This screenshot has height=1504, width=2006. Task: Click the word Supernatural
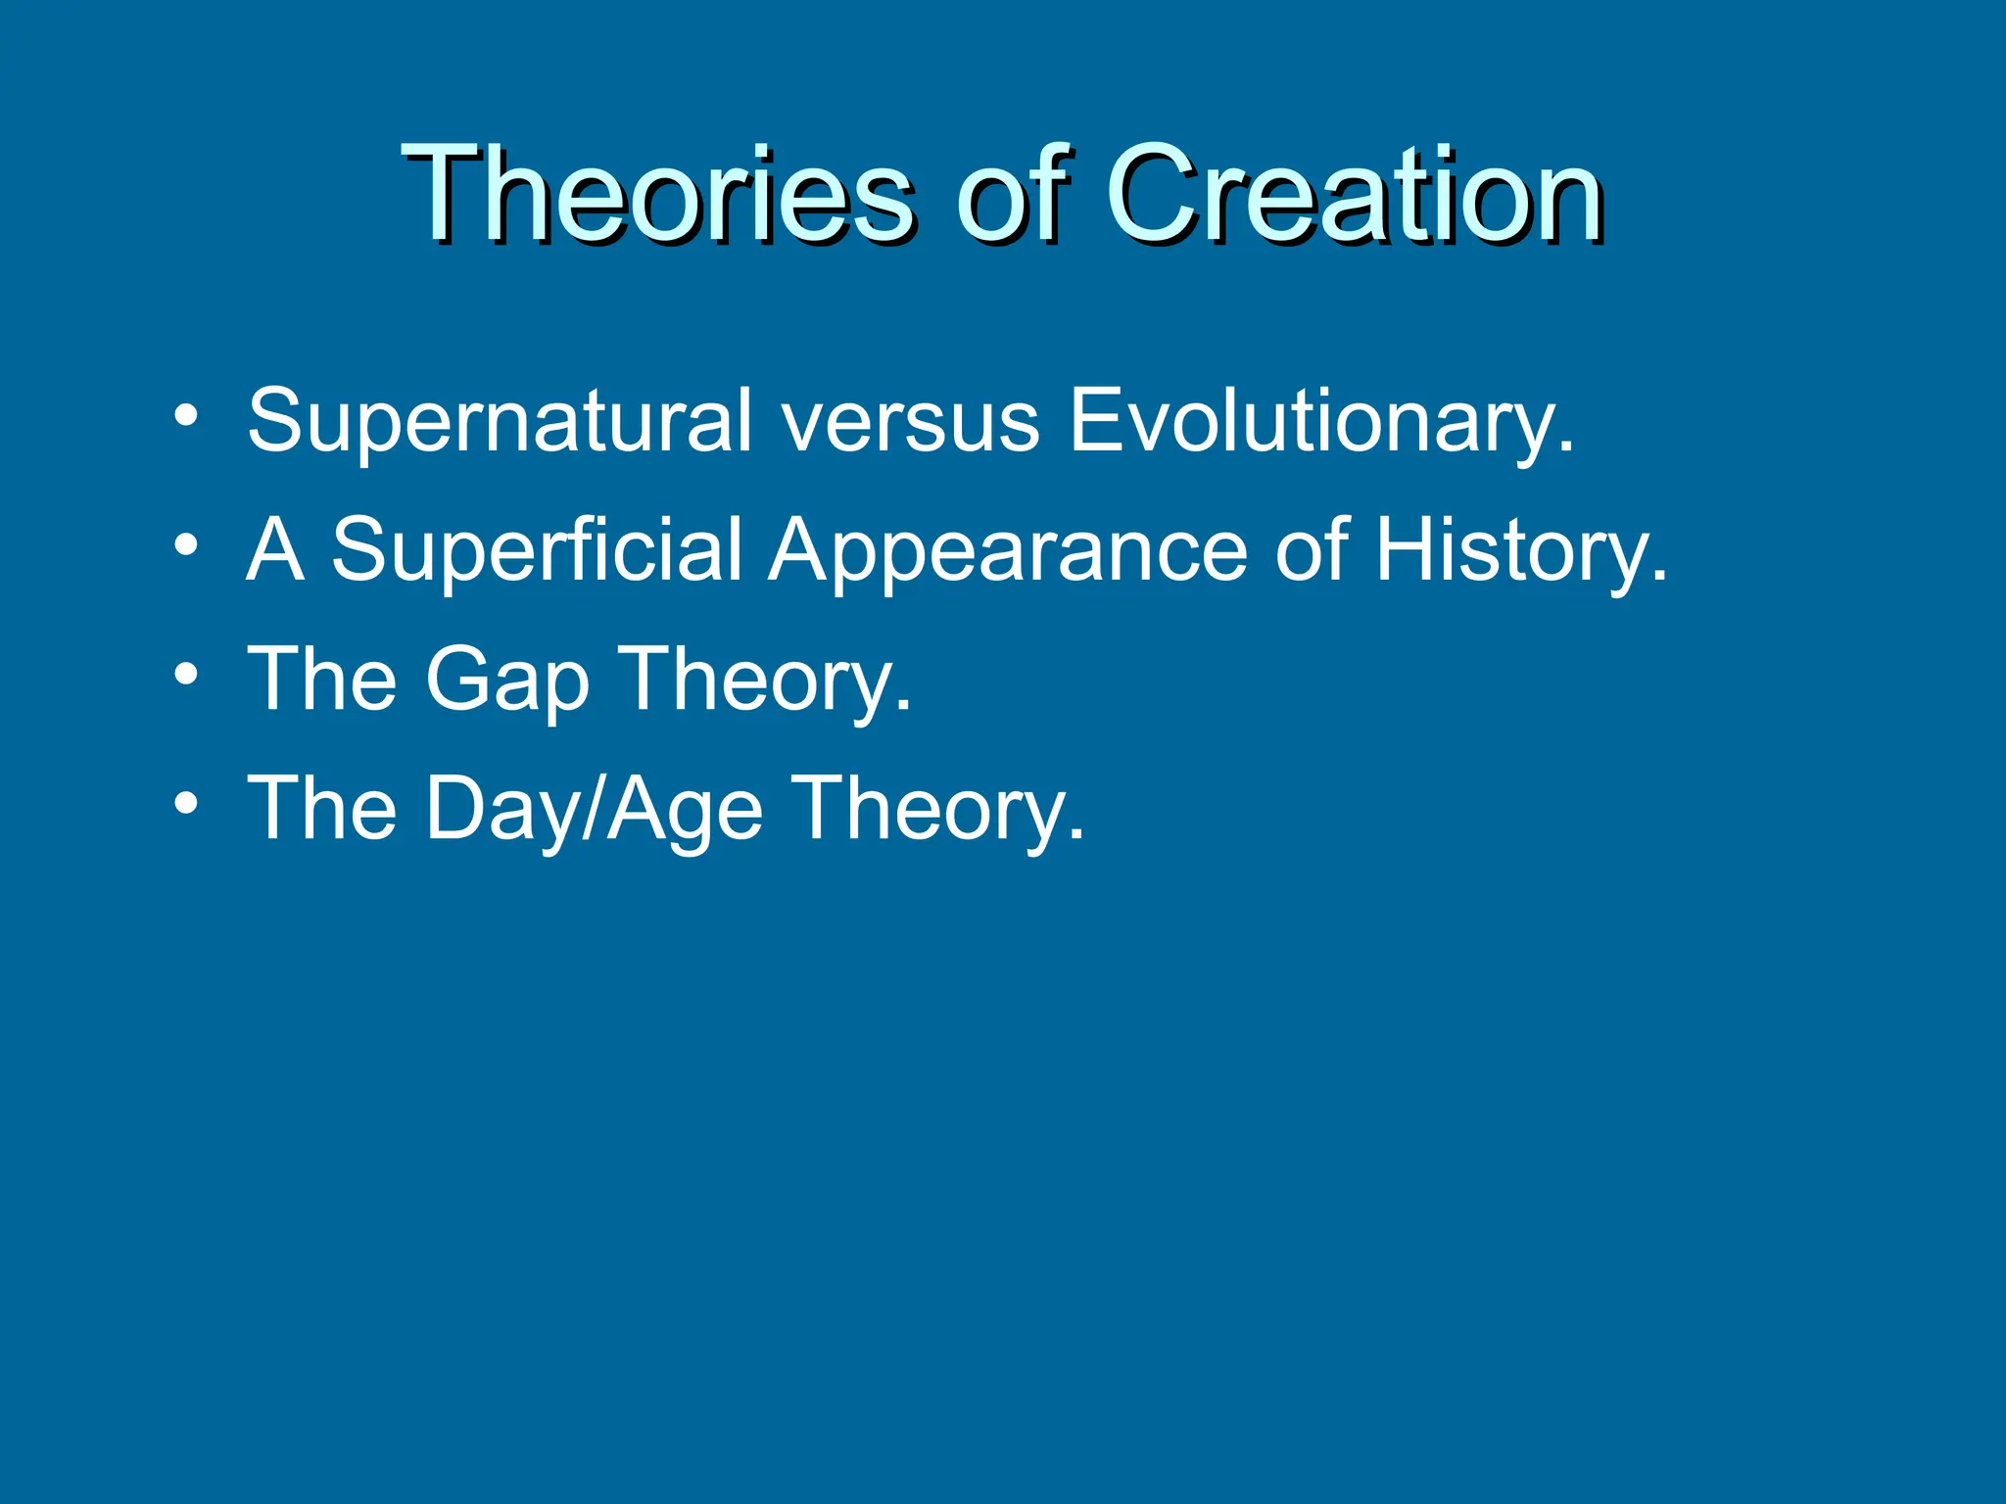500,421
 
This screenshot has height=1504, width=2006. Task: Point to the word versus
910,421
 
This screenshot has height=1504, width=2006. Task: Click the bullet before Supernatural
186,417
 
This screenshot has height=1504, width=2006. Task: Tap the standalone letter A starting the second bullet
274,550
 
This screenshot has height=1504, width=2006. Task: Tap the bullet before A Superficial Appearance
186,545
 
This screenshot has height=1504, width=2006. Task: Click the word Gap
506,681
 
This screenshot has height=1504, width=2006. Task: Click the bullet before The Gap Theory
186,674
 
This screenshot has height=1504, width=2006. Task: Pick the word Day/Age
594,811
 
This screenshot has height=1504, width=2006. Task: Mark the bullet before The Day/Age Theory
186,803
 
